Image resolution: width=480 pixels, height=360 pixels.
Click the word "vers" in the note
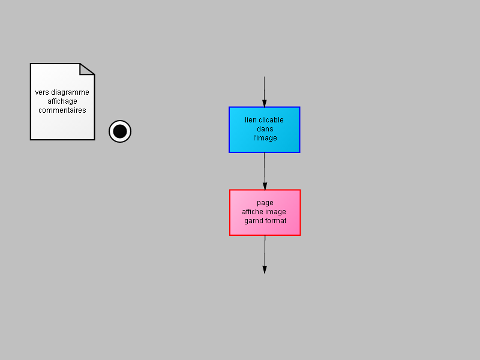[x=41, y=92]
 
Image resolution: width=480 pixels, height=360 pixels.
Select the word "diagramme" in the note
[x=70, y=92]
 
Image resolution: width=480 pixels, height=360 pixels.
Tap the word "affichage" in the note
[x=62, y=101]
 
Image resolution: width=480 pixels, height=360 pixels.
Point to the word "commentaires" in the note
[x=62, y=110]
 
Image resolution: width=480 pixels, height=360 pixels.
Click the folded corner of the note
[x=86, y=68]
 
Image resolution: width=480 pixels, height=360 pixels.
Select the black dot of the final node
[x=120, y=131]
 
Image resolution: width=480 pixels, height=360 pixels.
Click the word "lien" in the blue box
[x=251, y=120]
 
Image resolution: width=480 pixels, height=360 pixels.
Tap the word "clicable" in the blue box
[x=271, y=120]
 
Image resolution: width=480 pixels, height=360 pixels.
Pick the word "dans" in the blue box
[x=265, y=129]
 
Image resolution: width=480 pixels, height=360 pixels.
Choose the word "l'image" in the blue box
[x=265, y=138]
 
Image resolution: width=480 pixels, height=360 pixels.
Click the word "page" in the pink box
[x=265, y=203]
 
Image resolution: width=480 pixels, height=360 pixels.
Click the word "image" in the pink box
[x=277, y=212]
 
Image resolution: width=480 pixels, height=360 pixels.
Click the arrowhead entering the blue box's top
[x=265, y=103]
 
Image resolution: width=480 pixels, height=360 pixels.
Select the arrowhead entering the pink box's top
[x=265, y=186]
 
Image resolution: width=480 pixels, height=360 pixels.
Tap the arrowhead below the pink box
[x=265, y=269]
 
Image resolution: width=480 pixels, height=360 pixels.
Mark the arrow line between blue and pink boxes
[x=265, y=171]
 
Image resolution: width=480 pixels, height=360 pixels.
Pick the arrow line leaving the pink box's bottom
[x=265, y=254]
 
